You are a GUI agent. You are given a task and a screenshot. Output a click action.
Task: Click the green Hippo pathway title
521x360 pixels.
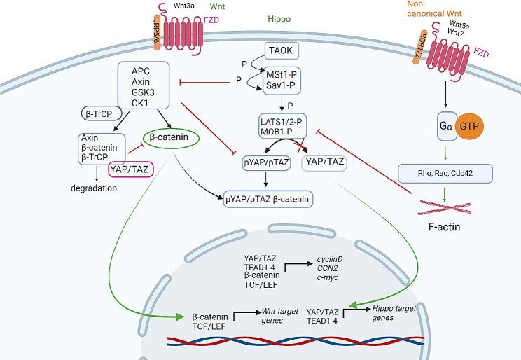pos(279,20)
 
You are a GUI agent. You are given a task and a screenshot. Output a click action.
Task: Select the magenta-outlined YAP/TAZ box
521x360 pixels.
pos(130,168)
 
